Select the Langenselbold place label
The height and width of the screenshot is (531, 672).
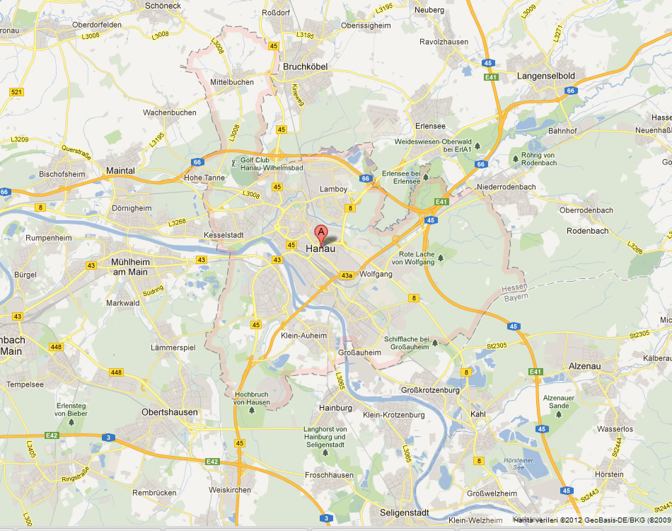pos(546,75)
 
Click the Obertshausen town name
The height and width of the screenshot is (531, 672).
pos(170,412)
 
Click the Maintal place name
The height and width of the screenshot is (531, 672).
pos(120,171)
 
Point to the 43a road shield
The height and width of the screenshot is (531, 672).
pos(347,276)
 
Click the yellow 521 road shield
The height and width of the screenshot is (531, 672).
pos(17,93)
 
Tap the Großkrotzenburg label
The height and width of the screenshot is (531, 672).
pos(430,390)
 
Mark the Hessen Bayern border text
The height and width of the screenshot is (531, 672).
pos(514,292)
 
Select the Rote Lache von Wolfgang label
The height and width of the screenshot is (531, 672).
pos(417,258)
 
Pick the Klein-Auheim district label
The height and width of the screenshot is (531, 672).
pos(304,336)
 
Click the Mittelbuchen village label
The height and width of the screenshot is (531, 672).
pos(232,82)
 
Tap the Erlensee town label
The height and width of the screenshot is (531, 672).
pos(430,126)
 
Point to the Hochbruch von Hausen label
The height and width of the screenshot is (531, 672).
pos(252,398)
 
